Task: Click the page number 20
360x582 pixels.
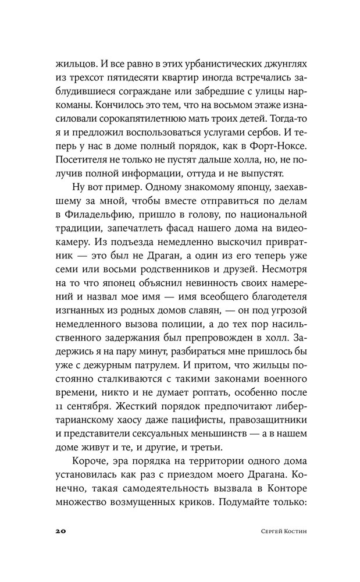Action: click(61, 533)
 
